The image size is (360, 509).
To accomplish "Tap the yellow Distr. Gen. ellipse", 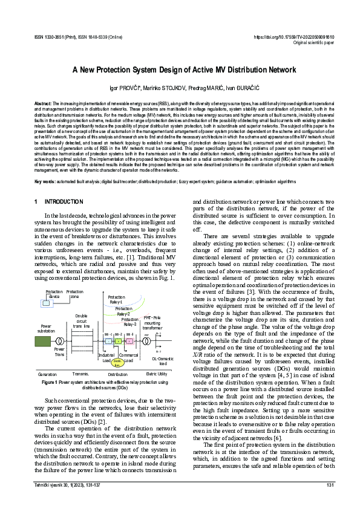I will click(x=117, y=363).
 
